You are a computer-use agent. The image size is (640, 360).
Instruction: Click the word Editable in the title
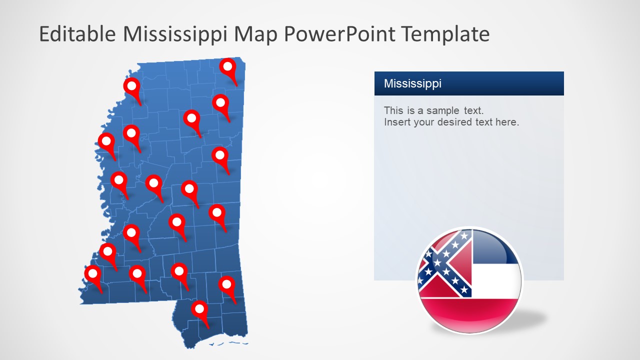pos(77,34)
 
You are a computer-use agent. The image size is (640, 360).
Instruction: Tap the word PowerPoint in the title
pos(340,34)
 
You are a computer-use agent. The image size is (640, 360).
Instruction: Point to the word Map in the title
pos(255,34)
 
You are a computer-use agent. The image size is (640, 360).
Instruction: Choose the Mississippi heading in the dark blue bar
pos(412,83)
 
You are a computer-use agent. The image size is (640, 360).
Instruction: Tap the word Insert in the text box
pos(397,122)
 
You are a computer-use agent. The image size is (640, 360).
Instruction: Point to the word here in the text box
pos(507,122)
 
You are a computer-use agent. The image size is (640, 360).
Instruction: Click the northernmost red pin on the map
pos(228,66)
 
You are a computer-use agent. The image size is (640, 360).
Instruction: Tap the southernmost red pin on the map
pos(199,309)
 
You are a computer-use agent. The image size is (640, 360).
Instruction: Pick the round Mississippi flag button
pos(469,280)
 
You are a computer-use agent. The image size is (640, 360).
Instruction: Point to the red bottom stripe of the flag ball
pos(469,312)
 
